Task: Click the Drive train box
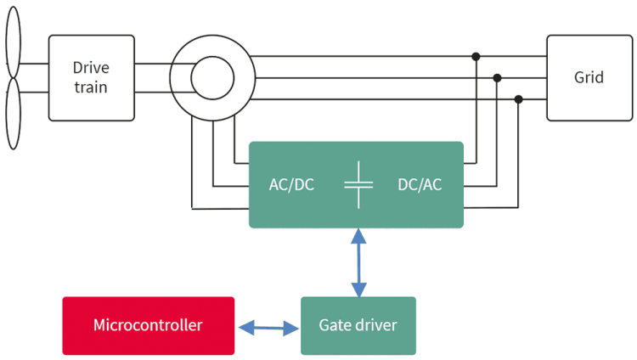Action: [x=91, y=77]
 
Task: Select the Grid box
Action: [x=589, y=77]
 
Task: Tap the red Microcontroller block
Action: [x=148, y=325]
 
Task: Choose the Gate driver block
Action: [x=358, y=325]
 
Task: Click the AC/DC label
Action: [x=291, y=184]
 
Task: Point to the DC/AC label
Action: [x=420, y=184]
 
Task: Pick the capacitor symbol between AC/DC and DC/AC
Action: [x=358, y=184]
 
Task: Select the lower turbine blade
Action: [x=13, y=115]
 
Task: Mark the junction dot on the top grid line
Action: [x=476, y=57]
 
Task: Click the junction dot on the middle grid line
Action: [x=497, y=78]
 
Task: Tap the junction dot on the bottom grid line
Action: [x=518, y=99]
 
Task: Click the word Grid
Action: [x=589, y=77]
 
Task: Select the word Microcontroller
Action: [x=148, y=325]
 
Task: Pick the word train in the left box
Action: [x=91, y=87]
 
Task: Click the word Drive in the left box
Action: [x=91, y=68]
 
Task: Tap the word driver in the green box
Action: [x=376, y=325]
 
